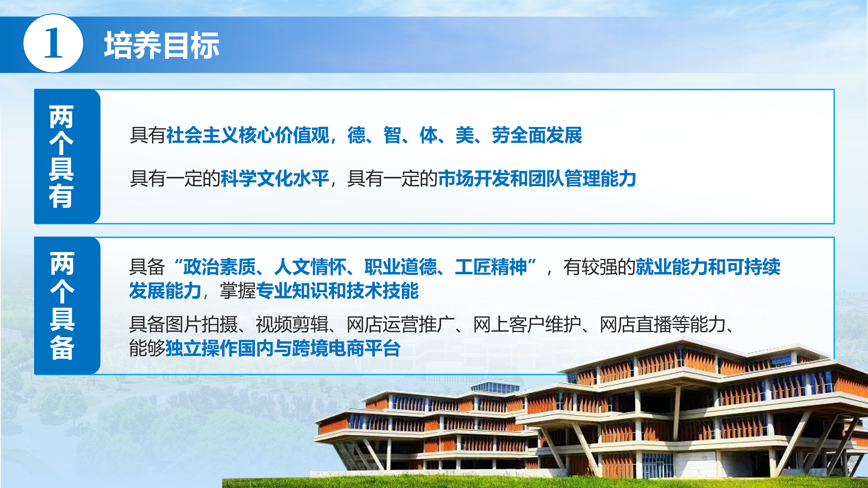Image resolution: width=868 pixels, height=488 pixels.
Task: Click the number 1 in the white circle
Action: [x=53, y=43]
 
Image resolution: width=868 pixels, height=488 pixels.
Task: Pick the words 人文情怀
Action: [x=310, y=267]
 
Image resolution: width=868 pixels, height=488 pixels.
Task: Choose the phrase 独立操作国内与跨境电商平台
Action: [x=283, y=348]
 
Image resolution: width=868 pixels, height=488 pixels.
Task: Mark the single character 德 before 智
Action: [x=357, y=135]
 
